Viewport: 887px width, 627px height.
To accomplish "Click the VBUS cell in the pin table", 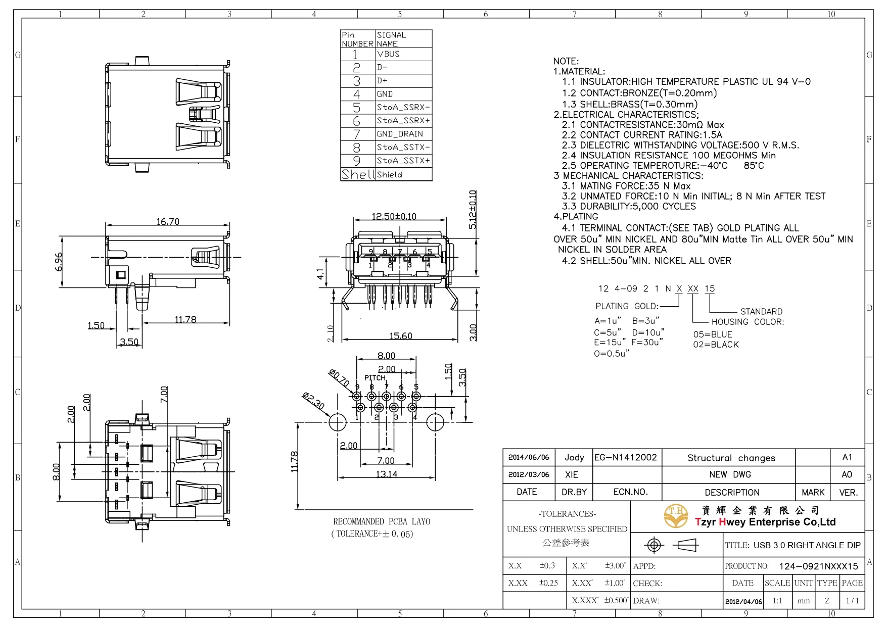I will coord(388,54).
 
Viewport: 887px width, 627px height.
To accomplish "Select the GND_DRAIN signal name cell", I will coord(399,134).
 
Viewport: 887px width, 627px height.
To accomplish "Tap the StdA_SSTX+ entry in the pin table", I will coord(403,161).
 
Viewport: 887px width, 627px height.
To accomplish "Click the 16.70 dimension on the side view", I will coord(168,222).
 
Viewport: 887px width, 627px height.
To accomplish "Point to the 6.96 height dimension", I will coord(59,262).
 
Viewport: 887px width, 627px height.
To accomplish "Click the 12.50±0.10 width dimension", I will coord(394,216).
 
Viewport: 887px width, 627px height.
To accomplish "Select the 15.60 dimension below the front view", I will coord(400,336).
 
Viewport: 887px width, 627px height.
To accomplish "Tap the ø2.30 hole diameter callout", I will coord(313,401).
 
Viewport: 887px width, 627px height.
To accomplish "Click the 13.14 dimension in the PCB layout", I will coord(386,474).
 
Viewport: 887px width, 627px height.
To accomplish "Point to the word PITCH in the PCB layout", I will coord(375,378).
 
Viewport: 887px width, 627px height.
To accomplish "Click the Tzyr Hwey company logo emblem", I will coord(676,515).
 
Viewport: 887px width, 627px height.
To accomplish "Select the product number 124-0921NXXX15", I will coord(818,566).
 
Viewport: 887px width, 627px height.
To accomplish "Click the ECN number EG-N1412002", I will coord(626,458).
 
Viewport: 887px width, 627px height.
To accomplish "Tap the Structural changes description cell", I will coord(731,458).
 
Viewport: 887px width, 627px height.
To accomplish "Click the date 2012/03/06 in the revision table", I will coord(529,475).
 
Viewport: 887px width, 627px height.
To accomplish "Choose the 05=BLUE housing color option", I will coord(713,334).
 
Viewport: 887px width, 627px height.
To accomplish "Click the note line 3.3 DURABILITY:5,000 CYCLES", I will coord(629,206).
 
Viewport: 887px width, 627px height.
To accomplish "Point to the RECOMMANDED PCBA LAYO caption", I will coord(382,521).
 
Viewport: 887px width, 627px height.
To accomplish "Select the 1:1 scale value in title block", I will coord(777,601).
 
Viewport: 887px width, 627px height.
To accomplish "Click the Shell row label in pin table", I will coord(357,174).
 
